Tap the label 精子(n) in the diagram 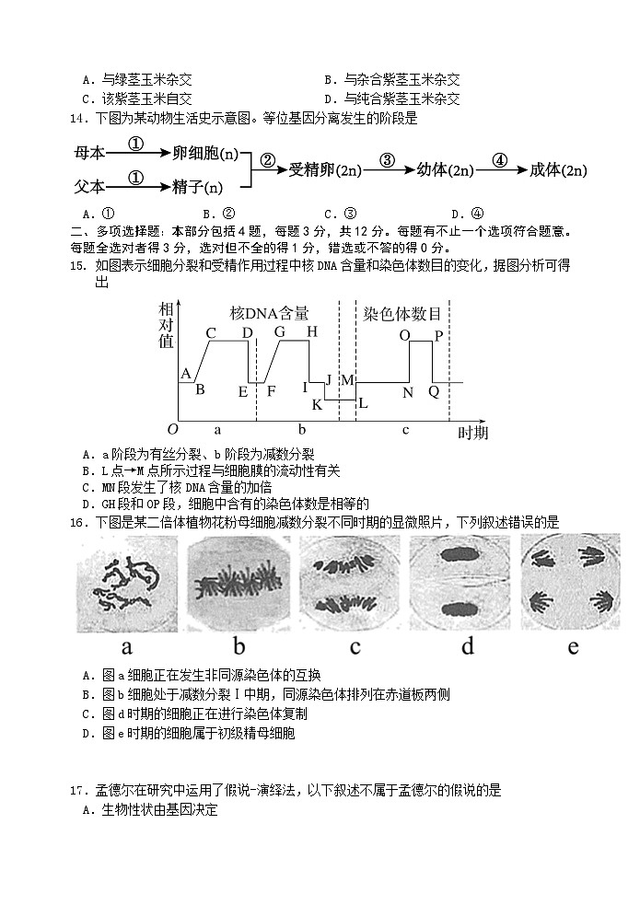coord(198,187)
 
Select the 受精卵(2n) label coord(324,170)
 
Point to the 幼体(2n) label coord(445,170)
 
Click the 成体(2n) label coord(559,170)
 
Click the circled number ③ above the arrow coord(387,159)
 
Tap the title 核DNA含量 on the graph coord(269,314)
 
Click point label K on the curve coord(317,404)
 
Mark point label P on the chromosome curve coord(438,335)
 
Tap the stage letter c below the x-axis coord(405,429)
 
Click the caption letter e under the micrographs coord(573,646)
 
